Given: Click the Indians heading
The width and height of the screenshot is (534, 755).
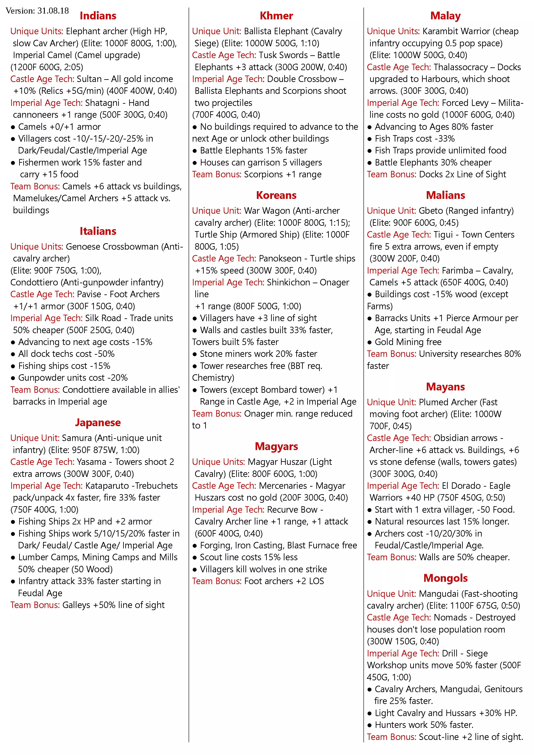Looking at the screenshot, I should click(98, 16).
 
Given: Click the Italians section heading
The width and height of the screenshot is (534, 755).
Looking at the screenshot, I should click(98, 231).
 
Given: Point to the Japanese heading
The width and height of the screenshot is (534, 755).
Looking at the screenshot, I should click(98, 422).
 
